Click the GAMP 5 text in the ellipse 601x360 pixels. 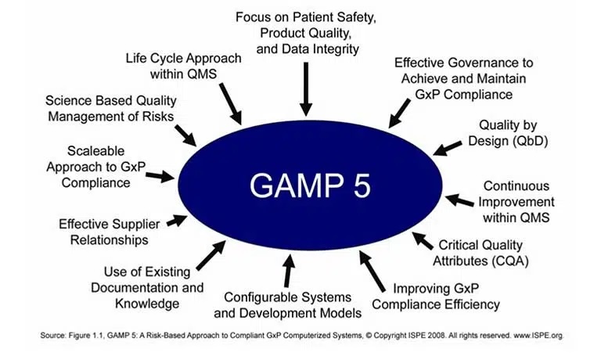310,185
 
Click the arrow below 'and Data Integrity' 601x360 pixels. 306,89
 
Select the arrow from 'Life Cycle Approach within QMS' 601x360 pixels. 231,103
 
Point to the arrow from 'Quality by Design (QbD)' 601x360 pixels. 448,148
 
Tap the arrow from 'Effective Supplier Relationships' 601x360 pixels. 177,221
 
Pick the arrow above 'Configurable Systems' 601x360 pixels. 289,271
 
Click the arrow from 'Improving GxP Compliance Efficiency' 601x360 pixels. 372,271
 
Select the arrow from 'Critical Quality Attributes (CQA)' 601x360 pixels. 423,241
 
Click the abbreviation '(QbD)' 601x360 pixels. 531,141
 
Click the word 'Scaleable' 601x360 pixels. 95,151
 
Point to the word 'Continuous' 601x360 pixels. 516,186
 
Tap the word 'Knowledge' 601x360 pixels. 147,304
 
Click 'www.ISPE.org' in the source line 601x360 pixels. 538,336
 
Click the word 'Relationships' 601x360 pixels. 110,240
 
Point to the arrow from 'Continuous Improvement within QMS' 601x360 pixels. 459,200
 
